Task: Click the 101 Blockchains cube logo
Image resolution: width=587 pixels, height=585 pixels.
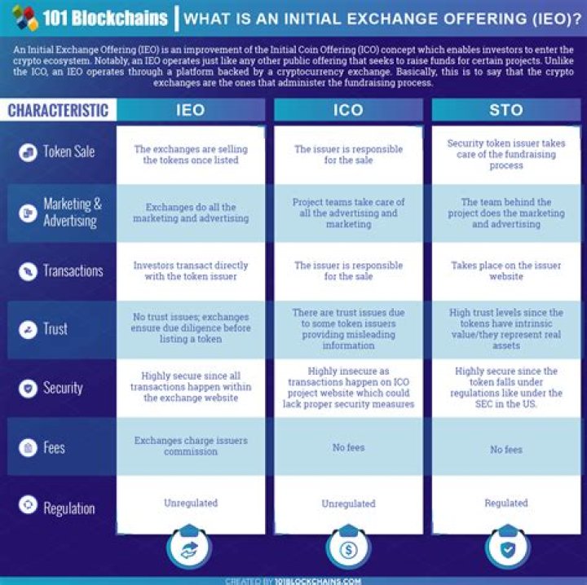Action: click(x=25, y=17)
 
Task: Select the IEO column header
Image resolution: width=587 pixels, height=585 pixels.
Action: click(x=191, y=110)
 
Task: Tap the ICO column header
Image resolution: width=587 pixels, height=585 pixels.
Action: click(x=348, y=110)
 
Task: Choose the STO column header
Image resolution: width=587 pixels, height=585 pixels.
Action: click(x=506, y=110)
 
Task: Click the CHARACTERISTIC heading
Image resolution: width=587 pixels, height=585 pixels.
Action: click(x=58, y=110)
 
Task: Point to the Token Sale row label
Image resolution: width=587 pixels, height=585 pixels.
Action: click(x=68, y=152)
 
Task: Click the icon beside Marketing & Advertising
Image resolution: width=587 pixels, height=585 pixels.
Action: click(x=28, y=213)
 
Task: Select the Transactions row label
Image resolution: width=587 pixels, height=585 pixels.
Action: click(x=73, y=271)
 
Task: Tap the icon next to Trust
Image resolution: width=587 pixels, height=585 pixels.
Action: click(x=28, y=329)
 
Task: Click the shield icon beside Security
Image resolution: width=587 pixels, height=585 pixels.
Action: click(x=28, y=389)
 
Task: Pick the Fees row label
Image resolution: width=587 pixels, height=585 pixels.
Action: click(x=54, y=447)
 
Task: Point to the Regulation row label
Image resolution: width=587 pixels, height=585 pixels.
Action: click(x=69, y=508)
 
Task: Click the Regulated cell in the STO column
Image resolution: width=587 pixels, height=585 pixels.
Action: click(x=506, y=503)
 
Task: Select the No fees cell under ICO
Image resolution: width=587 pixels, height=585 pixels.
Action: click(x=349, y=447)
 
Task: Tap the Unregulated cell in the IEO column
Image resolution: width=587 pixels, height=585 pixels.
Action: click(x=191, y=503)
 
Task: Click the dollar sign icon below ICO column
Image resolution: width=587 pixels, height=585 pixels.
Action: click(x=348, y=549)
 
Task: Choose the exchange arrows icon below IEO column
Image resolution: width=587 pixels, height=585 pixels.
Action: click(x=189, y=549)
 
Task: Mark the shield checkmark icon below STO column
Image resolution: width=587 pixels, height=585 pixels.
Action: click(x=508, y=549)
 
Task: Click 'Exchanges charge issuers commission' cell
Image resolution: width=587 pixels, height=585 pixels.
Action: click(x=191, y=446)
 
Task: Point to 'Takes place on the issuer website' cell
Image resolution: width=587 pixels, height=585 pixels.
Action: click(x=506, y=271)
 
